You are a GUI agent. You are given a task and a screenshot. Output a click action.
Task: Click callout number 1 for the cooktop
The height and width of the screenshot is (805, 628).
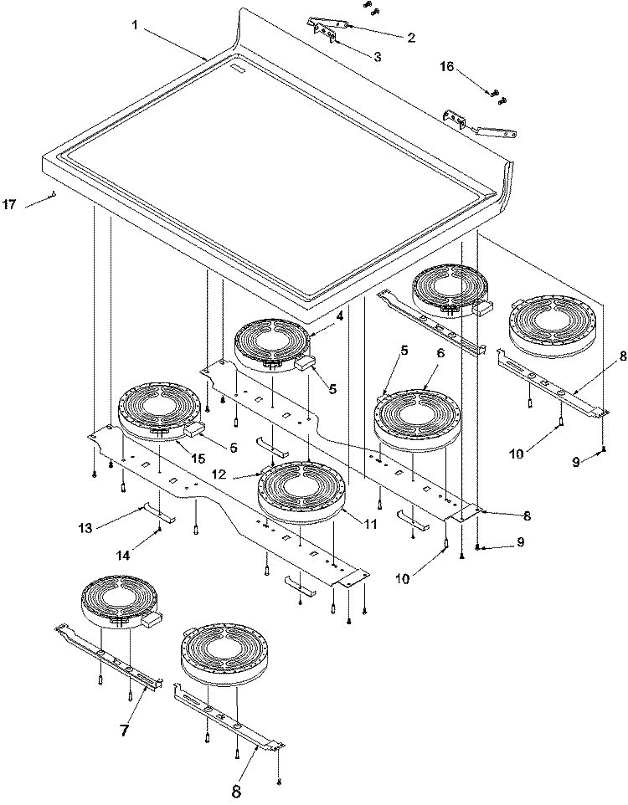(x=135, y=25)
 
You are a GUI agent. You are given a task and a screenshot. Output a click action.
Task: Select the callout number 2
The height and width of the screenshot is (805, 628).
(x=411, y=38)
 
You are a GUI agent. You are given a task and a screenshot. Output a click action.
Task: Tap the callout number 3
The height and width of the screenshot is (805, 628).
(x=377, y=57)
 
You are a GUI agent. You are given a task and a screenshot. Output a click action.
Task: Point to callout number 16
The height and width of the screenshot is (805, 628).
(x=446, y=66)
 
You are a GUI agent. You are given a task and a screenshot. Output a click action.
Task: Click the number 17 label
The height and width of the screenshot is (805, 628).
(x=9, y=204)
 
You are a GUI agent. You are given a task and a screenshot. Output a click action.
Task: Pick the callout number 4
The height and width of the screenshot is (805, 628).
(x=339, y=317)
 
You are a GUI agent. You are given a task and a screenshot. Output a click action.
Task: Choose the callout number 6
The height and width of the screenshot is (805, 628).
(x=440, y=353)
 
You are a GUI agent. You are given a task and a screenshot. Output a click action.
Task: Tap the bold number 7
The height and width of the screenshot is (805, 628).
(x=125, y=730)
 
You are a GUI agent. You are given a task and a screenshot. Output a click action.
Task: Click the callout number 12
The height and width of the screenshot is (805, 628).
(x=219, y=474)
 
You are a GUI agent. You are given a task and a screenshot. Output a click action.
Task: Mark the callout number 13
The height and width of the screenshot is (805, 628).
(x=85, y=527)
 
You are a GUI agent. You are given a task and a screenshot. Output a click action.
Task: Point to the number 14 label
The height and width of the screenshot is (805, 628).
(x=123, y=555)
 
